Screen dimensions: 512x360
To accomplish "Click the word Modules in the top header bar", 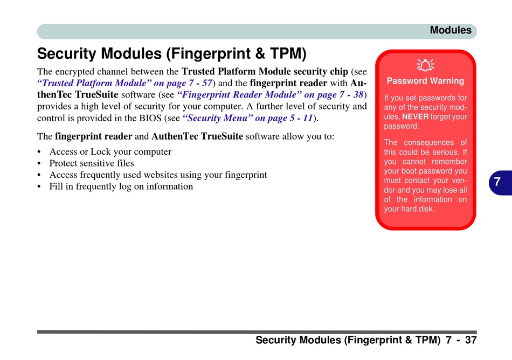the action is [451, 30].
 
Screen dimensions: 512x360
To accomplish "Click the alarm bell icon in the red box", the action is [425, 65].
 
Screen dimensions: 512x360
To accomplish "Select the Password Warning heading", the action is [425, 81].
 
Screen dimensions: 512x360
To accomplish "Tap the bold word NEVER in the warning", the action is [416, 116].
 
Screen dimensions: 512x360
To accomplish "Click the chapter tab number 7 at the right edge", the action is [497, 182].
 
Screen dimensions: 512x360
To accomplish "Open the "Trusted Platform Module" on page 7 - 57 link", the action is [124, 83].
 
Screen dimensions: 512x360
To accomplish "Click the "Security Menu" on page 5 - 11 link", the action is [247, 118].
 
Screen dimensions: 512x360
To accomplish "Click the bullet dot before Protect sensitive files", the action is [39, 163].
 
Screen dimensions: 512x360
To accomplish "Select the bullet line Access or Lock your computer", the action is [110, 152].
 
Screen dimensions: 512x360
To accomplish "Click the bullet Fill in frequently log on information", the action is [121, 186].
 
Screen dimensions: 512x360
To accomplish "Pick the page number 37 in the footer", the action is [471, 340].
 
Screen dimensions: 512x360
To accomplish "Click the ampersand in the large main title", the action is [260, 53].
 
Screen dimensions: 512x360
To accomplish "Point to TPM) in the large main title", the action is [288, 54].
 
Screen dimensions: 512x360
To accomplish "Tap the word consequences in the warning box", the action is [429, 143].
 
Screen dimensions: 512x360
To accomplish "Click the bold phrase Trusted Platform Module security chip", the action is [265, 72].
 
